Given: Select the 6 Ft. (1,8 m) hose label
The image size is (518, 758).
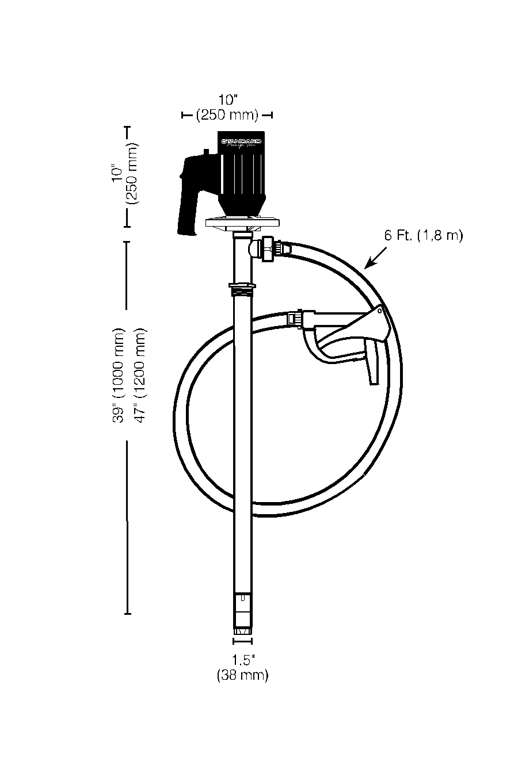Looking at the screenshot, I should [424, 235].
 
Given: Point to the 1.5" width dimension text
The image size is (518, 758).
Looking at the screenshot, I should [243, 660].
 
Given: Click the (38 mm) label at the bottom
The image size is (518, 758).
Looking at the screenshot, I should [242, 675].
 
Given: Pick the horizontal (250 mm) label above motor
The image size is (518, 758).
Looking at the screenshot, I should [227, 115].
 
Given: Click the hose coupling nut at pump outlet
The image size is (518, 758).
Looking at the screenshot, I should [268, 248].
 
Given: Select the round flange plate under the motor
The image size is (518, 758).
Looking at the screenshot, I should [242, 222].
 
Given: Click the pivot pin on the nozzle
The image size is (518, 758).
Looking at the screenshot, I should [380, 311].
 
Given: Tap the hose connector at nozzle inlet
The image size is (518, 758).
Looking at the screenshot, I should [296, 317].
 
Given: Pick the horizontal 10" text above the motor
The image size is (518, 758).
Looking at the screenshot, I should [227, 99].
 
